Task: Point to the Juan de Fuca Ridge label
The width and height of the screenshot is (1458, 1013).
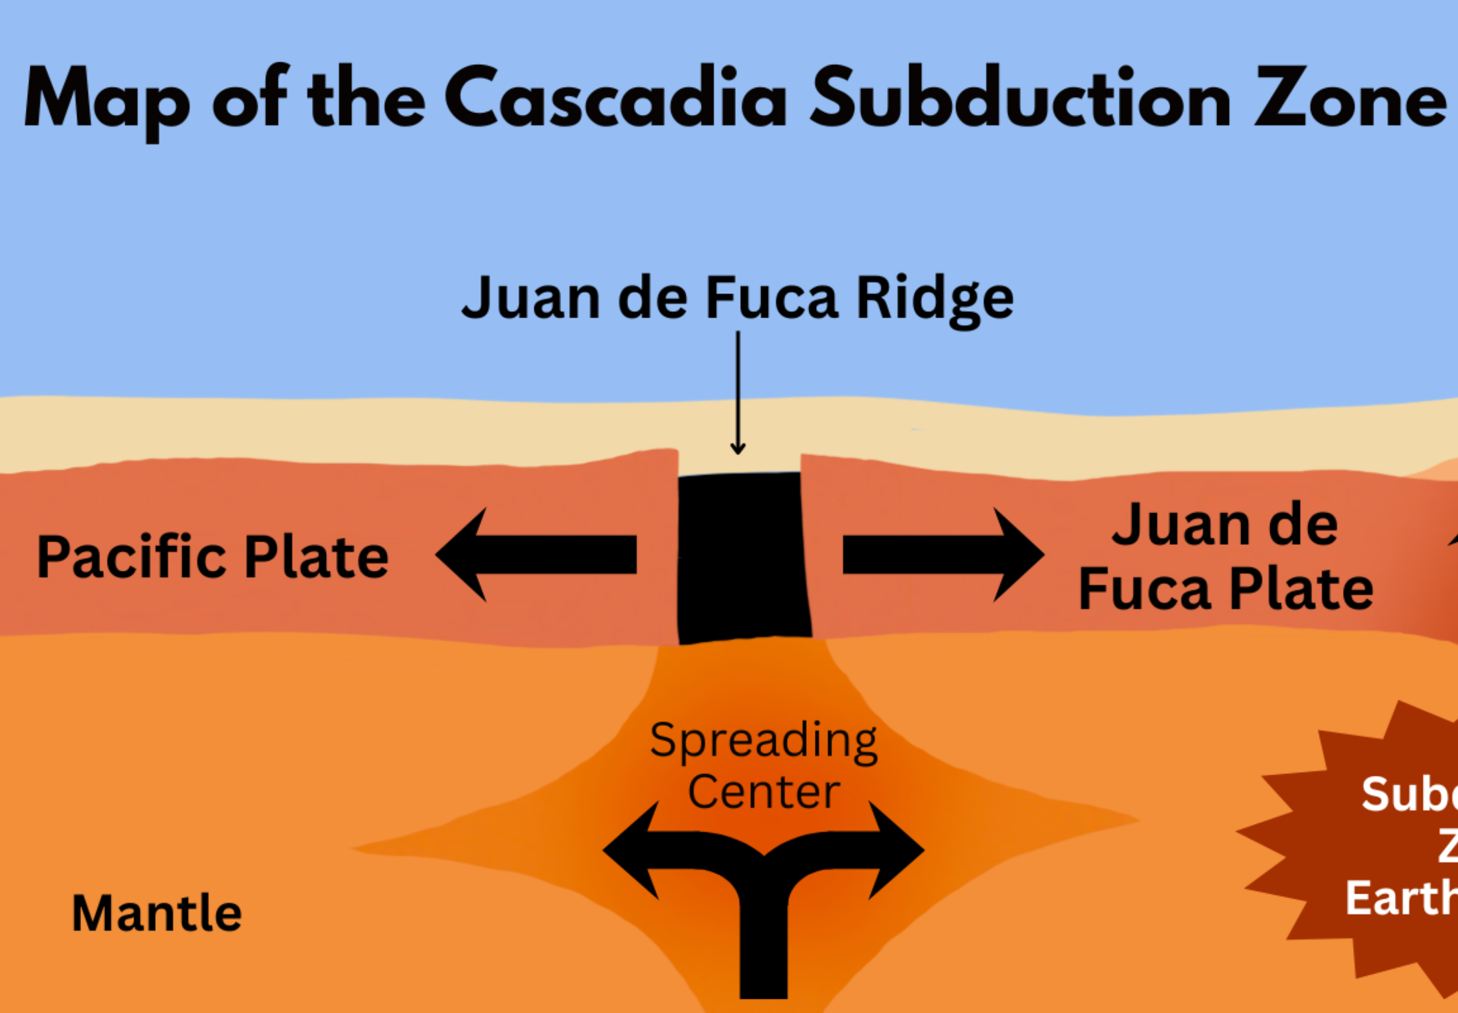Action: pos(737,298)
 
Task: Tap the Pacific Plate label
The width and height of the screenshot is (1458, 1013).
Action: pos(213,557)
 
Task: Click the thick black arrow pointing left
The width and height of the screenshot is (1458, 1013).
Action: pos(536,554)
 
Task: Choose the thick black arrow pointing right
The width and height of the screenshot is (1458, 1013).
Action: pos(943,554)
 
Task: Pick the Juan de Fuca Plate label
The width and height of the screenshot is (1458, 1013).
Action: pos(1225,556)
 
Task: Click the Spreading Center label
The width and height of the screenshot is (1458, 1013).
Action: pos(764,765)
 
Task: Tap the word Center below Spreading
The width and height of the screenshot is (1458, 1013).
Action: pos(764,792)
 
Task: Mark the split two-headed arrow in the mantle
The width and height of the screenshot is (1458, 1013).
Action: pos(764,889)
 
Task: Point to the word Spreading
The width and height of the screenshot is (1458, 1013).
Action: pos(764,740)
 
